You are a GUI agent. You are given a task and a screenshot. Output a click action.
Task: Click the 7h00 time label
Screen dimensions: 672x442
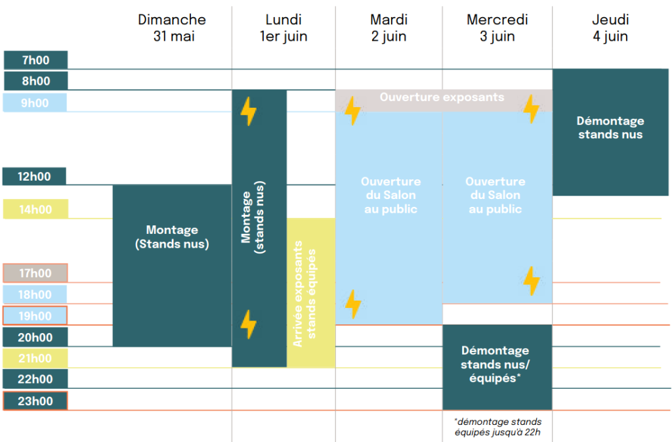pyautogui.click(x=35, y=60)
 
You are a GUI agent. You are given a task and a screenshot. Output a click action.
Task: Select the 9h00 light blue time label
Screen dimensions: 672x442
pyautogui.click(x=35, y=103)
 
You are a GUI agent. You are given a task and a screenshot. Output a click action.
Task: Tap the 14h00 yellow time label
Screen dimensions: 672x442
pyautogui.click(x=35, y=210)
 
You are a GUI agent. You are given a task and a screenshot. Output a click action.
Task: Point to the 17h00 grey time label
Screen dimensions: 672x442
pyautogui.click(x=35, y=273)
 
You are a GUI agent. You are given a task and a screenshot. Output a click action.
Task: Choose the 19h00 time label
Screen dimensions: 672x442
pyautogui.click(x=35, y=316)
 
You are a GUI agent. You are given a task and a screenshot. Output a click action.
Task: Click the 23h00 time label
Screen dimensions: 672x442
pyautogui.click(x=35, y=401)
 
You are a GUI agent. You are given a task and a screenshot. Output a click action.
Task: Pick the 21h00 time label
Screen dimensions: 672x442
pyautogui.click(x=35, y=358)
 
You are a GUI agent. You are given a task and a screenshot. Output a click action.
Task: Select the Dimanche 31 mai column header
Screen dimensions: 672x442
pyautogui.click(x=173, y=28)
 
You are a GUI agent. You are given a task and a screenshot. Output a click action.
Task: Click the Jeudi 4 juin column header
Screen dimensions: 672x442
pyautogui.click(x=610, y=28)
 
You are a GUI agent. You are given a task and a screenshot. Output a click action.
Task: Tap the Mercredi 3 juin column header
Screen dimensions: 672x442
pyautogui.click(x=497, y=28)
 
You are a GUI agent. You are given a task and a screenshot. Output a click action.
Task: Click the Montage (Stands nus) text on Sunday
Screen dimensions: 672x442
pyautogui.click(x=173, y=236)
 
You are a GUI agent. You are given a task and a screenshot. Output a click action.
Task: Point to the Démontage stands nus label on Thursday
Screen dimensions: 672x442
pyautogui.click(x=610, y=127)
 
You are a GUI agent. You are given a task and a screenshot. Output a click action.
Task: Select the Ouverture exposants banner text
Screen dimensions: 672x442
pyautogui.click(x=442, y=97)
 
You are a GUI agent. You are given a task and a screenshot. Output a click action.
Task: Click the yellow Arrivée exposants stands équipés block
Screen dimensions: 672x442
pyautogui.click(x=311, y=293)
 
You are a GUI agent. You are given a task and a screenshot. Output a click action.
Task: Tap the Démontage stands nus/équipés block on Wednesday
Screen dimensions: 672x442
pyautogui.click(x=497, y=367)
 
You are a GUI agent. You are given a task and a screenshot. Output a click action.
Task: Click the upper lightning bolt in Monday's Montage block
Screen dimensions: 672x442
pyautogui.click(x=249, y=111)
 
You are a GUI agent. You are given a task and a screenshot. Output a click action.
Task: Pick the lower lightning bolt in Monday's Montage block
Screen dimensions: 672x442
pyautogui.click(x=249, y=324)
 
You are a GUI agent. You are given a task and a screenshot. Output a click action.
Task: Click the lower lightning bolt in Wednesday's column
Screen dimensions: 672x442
pyautogui.click(x=532, y=281)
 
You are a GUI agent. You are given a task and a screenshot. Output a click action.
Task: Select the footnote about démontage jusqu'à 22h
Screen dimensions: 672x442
pyautogui.click(x=497, y=427)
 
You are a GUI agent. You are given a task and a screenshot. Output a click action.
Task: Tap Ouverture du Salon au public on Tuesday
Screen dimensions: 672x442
pyautogui.click(x=390, y=195)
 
